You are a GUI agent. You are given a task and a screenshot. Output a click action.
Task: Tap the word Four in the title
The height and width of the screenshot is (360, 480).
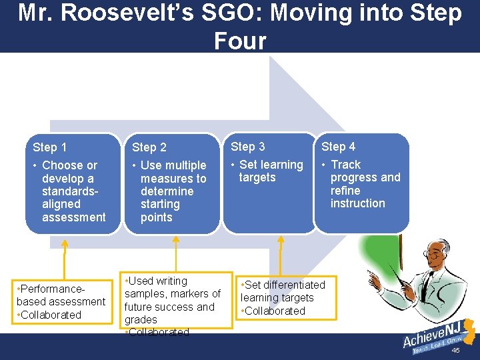point(239,41)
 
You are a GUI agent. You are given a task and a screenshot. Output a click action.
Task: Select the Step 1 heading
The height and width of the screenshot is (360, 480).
point(50,147)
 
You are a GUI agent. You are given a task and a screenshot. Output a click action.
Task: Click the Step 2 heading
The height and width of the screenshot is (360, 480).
point(149,147)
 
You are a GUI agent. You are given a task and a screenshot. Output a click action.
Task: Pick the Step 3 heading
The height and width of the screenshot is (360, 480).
point(248,147)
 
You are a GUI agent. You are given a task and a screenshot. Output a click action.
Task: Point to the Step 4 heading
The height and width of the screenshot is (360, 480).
point(339,147)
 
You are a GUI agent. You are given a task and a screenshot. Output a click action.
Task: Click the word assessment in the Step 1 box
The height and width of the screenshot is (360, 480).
point(73,217)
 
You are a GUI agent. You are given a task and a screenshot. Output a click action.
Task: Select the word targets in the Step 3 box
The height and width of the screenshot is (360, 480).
point(257,177)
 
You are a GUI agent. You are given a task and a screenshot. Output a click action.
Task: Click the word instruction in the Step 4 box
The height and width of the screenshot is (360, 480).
point(357,203)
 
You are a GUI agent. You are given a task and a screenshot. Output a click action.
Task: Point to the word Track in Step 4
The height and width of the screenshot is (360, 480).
point(345,165)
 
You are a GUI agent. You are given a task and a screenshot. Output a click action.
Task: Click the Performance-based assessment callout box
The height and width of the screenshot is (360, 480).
point(61,302)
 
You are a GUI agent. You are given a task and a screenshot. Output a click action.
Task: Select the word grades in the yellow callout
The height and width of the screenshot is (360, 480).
point(141,320)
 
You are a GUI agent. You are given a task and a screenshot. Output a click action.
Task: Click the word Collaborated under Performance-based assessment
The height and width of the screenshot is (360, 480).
point(51,315)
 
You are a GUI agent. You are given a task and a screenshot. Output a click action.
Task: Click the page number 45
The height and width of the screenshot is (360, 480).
point(456,350)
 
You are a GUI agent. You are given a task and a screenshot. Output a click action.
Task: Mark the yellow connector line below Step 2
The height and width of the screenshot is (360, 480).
point(175,253)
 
